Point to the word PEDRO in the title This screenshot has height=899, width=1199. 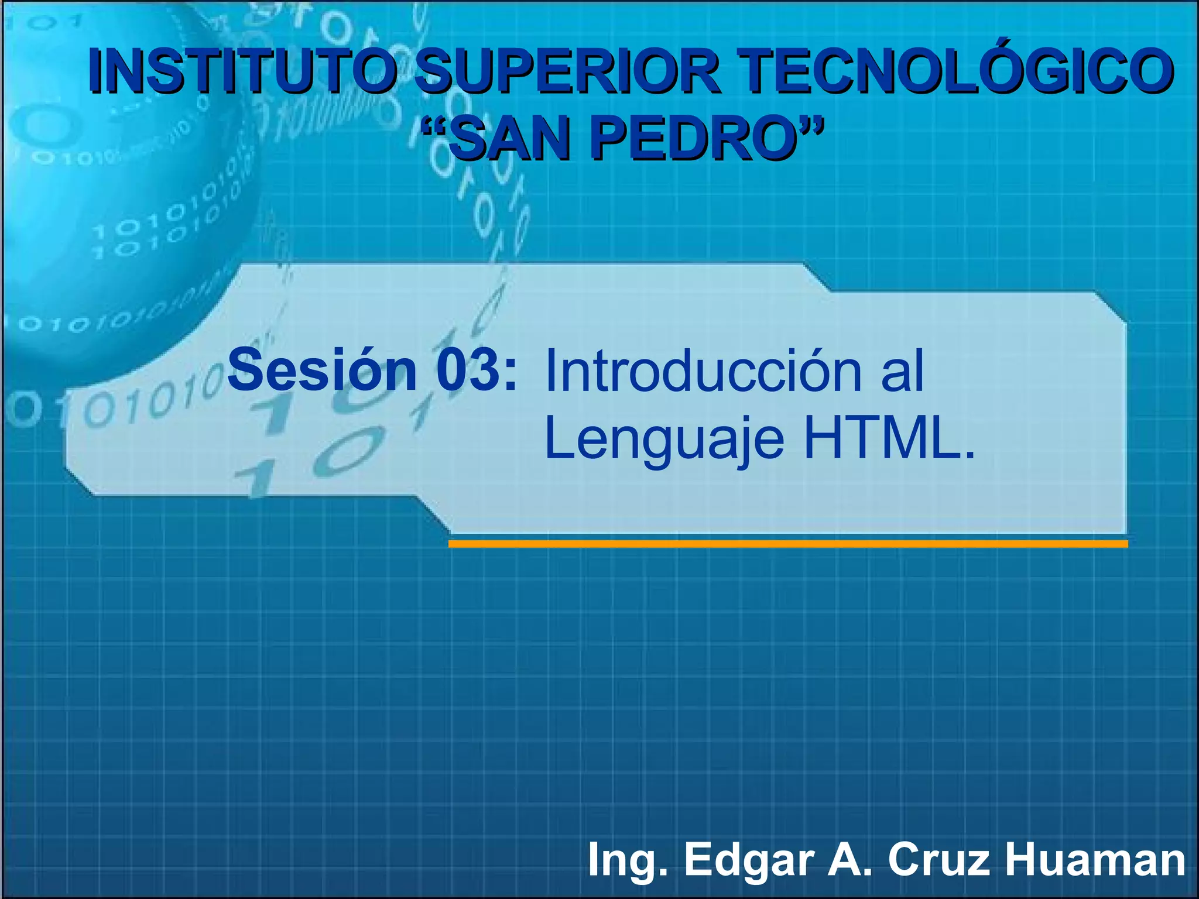[x=697, y=140]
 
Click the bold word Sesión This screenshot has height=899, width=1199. [x=322, y=370]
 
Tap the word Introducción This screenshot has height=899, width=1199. [x=703, y=371]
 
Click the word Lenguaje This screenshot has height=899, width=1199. [x=664, y=440]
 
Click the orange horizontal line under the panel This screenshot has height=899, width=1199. [x=787, y=544]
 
